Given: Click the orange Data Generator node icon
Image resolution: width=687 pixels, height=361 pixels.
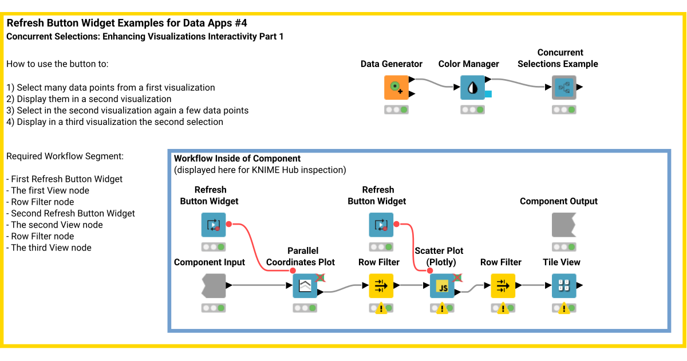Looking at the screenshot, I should pos(396,87).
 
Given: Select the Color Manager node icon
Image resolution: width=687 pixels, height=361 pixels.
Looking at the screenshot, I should pos(472,87).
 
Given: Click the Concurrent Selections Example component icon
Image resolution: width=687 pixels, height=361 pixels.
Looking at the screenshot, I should pos(564,87).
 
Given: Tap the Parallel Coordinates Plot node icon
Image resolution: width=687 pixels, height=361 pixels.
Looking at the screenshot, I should pos(305,285).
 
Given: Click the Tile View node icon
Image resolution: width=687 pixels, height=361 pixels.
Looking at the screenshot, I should pos(564,285).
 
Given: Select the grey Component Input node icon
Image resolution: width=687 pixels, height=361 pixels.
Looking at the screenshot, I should pos(214,285).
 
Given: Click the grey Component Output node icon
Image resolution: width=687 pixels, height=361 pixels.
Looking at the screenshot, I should pos(564,225).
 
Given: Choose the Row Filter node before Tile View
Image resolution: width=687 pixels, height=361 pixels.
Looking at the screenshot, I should pos(503,285).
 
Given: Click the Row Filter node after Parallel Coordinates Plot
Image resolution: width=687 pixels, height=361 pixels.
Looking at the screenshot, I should pos(381,285).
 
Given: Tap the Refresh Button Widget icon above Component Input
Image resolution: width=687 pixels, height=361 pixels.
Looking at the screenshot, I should pos(213,225).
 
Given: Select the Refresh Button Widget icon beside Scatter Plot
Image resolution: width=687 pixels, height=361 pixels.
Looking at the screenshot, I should pos(381,225).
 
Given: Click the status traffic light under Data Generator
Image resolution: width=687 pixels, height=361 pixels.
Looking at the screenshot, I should pos(396,109).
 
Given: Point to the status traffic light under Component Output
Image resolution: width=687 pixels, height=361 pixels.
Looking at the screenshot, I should pos(564,247).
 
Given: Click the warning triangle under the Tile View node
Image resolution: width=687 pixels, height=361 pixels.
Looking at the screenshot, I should pos(563,309).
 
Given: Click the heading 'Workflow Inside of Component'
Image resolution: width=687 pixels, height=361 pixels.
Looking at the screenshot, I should pos(237,158).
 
